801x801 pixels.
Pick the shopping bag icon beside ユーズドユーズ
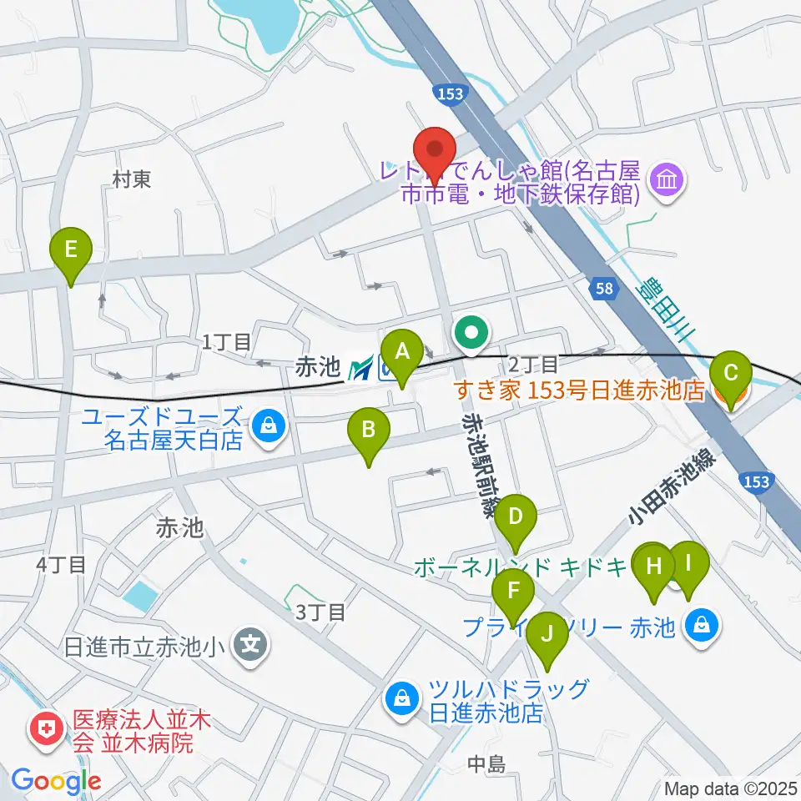point(269,427)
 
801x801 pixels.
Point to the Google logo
point(56,781)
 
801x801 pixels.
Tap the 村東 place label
point(132,179)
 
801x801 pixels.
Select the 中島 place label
point(487,763)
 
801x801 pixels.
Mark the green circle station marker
point(471,335)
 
